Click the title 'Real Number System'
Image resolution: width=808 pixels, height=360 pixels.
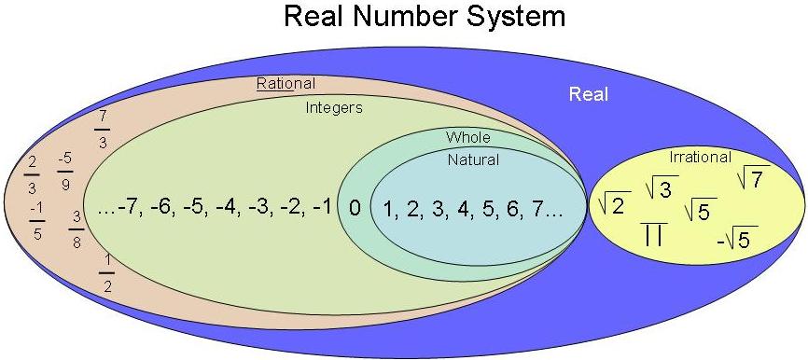425,17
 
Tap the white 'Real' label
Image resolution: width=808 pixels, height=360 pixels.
589,95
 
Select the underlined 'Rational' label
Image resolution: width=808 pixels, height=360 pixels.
286,83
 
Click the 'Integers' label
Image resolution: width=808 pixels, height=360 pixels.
334,108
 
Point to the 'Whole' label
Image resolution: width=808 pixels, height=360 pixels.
467,137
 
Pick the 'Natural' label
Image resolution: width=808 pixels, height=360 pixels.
474,159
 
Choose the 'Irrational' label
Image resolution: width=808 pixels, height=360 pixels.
701,157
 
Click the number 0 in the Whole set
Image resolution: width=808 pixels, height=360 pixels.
355,208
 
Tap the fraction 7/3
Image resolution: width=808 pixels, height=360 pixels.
103,131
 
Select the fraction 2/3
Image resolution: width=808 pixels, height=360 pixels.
32,174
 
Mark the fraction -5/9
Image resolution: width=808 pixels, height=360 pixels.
65,171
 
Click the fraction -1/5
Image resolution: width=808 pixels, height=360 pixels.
37,221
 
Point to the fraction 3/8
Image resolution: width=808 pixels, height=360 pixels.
77,230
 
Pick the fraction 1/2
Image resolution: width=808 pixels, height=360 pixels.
106,273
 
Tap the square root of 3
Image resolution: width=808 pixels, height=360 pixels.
662,187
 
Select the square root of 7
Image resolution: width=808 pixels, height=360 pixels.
753,178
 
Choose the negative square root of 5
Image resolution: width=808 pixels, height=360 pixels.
737,238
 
